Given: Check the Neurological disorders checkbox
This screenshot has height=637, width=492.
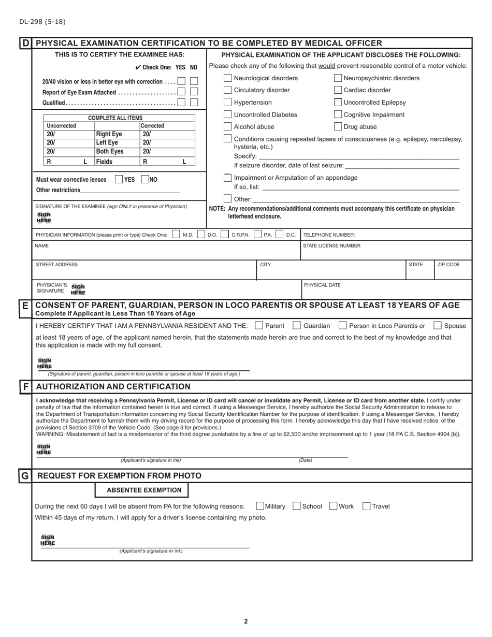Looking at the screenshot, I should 227,78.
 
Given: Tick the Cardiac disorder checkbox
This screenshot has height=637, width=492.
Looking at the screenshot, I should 338,90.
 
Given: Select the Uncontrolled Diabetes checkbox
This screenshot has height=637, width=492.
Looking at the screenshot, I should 227,114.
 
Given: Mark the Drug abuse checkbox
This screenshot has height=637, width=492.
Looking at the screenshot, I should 338,126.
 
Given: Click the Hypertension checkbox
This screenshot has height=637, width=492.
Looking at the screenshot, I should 227,103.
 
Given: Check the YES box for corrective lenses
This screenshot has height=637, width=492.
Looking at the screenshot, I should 119,180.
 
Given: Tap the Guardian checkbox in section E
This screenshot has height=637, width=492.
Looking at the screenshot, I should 297,326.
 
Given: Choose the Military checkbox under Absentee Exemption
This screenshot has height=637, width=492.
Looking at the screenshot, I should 260,506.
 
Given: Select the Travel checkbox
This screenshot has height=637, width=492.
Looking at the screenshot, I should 366,506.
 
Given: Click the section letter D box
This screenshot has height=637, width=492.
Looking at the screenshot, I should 25,44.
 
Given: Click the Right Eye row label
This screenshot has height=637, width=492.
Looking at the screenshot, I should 109,134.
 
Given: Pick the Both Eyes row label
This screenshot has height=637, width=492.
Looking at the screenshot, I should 110,152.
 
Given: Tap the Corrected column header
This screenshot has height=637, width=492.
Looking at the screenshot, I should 152,126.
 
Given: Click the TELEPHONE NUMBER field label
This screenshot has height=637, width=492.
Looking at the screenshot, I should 329,235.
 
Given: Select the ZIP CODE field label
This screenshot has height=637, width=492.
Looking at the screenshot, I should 448,265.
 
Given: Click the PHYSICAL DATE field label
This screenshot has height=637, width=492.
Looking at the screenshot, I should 322,285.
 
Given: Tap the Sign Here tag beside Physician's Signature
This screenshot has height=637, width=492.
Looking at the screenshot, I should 78,289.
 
